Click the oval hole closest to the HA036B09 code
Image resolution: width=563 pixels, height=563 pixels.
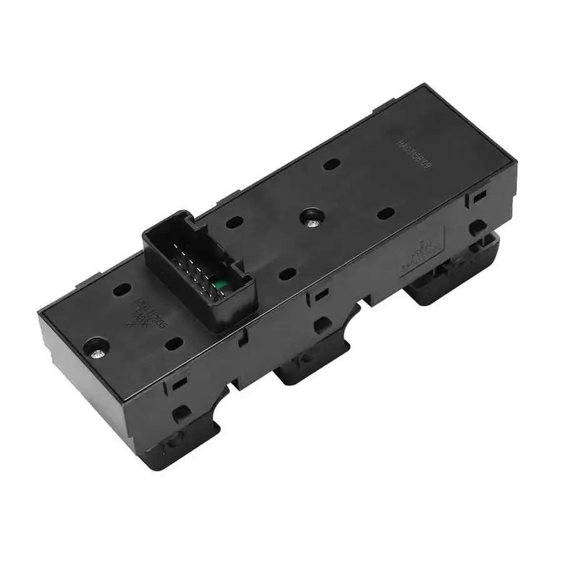tap(333, 164)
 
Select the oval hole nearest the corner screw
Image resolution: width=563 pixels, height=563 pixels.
tap(123, 290)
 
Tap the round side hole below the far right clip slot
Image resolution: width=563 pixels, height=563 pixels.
tap(478, 226)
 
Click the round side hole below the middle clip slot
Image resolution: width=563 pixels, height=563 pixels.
tap(322, 323)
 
